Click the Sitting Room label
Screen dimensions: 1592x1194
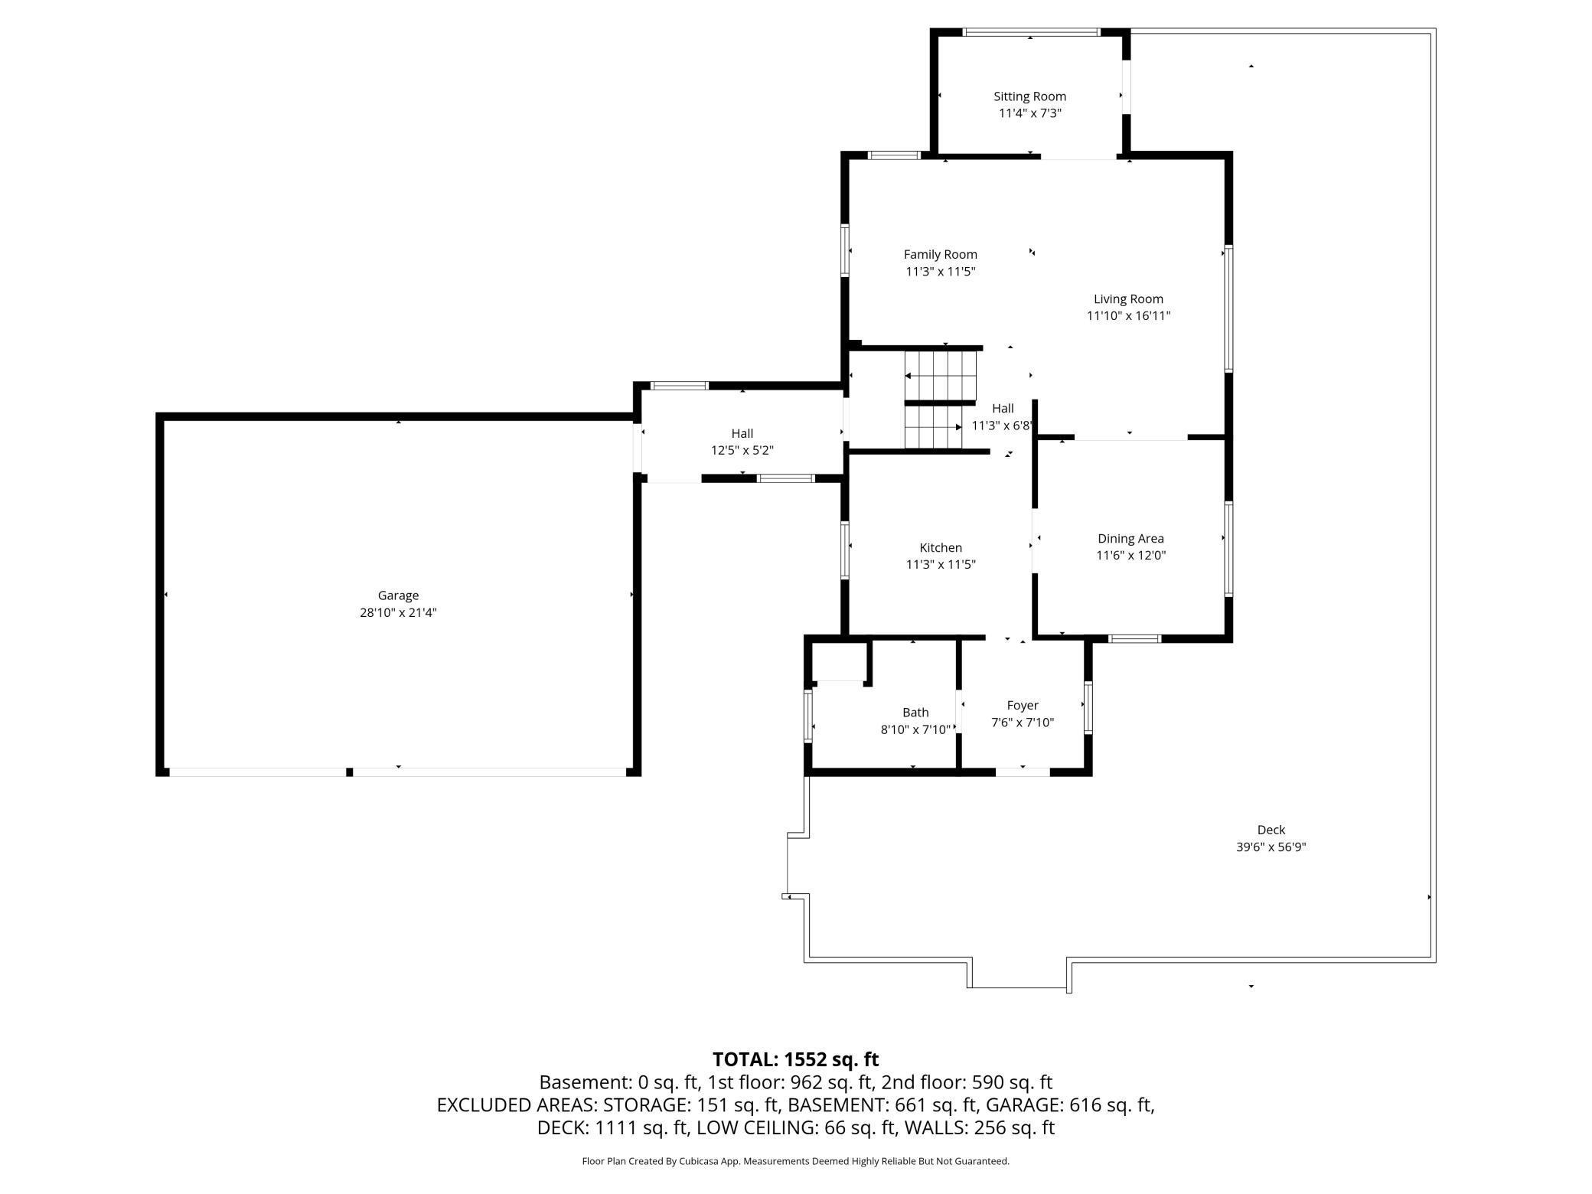(x=1029, y=96)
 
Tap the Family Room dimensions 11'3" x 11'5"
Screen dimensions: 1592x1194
(x=941, y=272)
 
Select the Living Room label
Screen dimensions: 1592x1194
(x=1128, y=299)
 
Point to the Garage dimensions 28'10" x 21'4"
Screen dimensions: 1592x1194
(x=398, y=612)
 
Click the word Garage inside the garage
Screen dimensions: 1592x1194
(x=398, y=595)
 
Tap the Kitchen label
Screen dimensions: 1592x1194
(x=941, y=547)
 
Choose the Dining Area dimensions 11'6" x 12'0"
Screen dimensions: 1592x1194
(x=1130, y=556)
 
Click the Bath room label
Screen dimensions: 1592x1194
(x=915, y=713)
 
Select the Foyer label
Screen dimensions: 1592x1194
(x=1023, y=706)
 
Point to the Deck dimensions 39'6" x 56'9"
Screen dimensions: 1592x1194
(x=1271, y=847)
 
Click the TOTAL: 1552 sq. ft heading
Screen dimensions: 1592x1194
(x=795, y=1059)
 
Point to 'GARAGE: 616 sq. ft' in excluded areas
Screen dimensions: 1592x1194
(x=1069, y=1105)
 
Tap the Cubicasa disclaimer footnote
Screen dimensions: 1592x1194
(x=795, y=1161)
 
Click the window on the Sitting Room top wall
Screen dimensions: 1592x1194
(x=1031, y=32)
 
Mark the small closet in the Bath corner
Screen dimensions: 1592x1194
(x=839, y=661)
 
